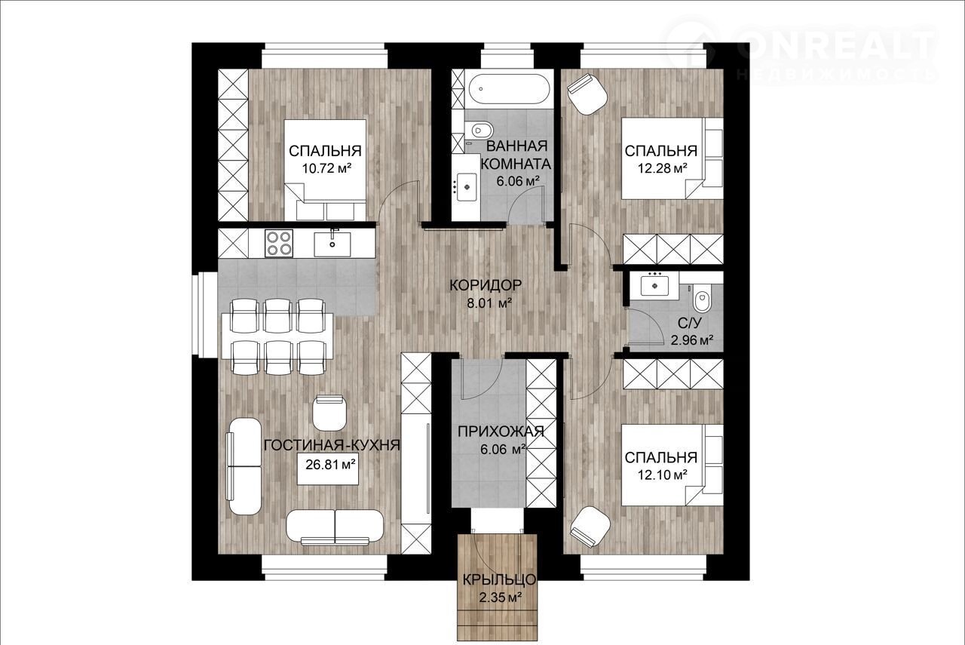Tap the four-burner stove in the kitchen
pos(279,243)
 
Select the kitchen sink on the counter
pos(332,244)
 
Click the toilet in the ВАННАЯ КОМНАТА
pos(479,129)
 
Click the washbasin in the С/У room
pos(655,284)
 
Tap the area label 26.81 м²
pos(330,465)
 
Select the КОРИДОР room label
pos(486,285)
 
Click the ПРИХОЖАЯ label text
pos(501,431)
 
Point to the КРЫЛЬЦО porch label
pos(499,579)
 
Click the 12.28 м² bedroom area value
pos(662,167)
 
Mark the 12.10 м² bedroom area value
pos(662,475)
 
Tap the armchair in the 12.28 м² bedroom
pos(587,94)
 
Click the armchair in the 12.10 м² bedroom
pos(590,527)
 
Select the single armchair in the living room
pos(330,412)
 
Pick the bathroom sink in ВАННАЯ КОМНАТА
pos(467,186)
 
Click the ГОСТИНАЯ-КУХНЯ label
pos(332,445)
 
